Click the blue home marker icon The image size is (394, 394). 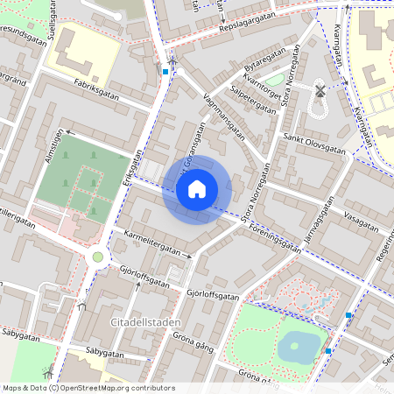click(x=197, y=189)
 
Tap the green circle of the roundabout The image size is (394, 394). click(x=98, y=257)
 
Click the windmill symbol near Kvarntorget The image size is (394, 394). click(x=320, y=89)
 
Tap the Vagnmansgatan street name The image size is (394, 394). click(x=223, y=116)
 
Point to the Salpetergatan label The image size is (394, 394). click(x=247, y=94)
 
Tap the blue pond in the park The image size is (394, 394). click(x=299, y=346)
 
